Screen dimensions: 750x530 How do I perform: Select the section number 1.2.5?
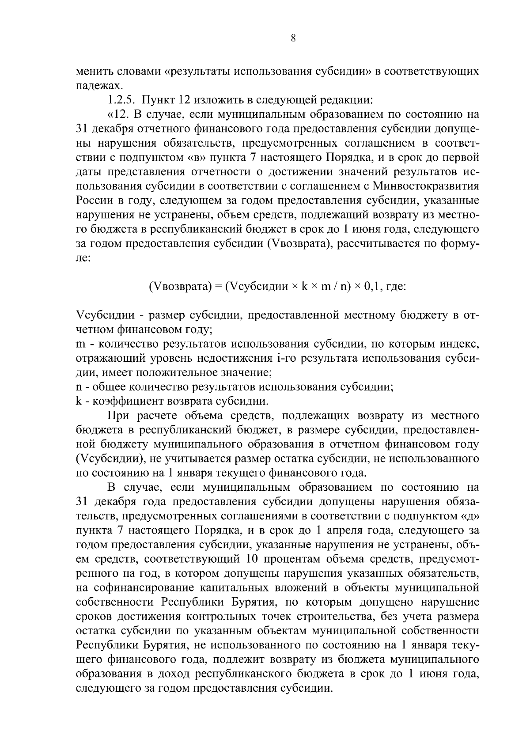tap(121, 100)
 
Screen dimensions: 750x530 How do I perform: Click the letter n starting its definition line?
tap(79, 387)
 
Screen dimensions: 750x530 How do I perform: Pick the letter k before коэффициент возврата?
tap(79, 402)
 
